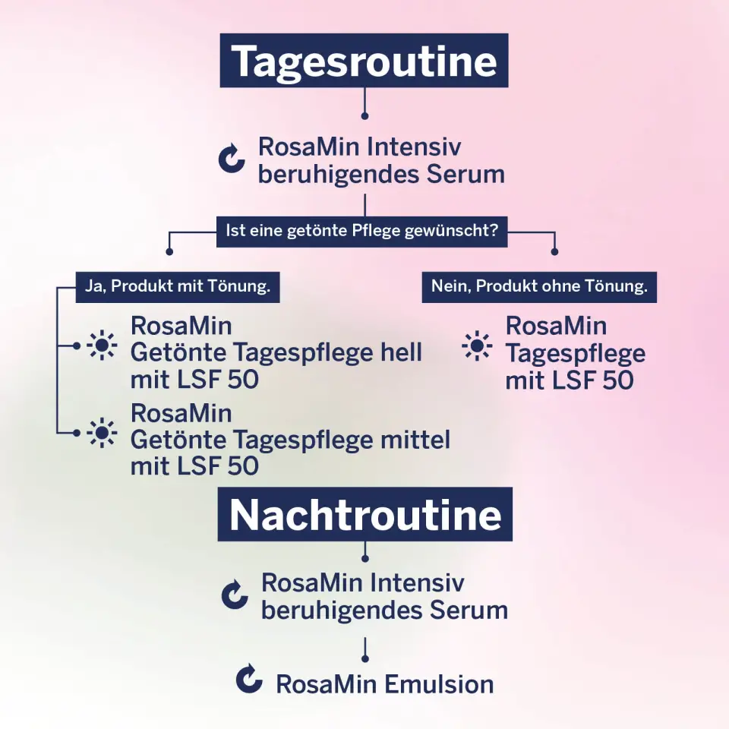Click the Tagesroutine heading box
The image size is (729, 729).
click(364, 61)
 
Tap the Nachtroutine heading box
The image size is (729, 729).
click(365, 514)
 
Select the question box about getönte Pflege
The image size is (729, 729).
click(361, 231)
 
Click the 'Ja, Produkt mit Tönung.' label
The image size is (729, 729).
click(178, 287)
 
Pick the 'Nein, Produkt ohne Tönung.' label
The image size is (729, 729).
click(539, 287)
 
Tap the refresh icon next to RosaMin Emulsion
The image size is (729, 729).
click(249, 678)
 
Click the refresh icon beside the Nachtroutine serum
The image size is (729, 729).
click(235, 594)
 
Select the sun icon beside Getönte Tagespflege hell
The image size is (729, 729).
click(102, 346)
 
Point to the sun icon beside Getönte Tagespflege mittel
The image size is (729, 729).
click(102, 433)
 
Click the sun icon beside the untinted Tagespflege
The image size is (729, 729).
click(477, 346)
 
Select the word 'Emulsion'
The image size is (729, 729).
click(439, 684)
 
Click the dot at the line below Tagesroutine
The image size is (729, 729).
click(365, 115)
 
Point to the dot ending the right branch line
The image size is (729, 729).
click(554, 252)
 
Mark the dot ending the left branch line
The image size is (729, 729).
click(169, 252)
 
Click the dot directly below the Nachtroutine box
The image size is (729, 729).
click(365, 558)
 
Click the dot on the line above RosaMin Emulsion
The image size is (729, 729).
click(365, 659)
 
